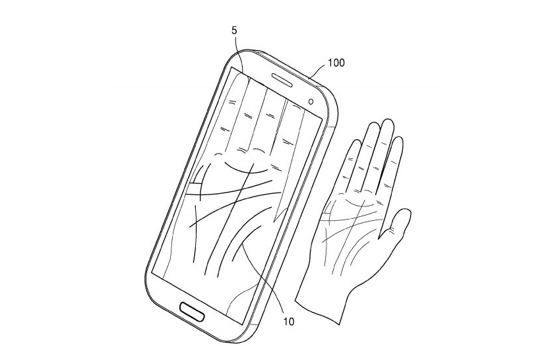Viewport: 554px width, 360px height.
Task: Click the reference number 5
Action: pos(234,31)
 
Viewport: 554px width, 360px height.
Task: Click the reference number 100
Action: pos(336,63)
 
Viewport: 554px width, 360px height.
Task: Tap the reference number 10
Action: pos(288,322)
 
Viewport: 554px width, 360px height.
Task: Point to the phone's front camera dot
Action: pos(311,102)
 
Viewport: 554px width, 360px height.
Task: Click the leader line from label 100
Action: pos(317,72)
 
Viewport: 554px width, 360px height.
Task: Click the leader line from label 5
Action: pos(239,53)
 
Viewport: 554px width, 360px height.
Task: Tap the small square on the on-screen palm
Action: pos(195,189)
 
